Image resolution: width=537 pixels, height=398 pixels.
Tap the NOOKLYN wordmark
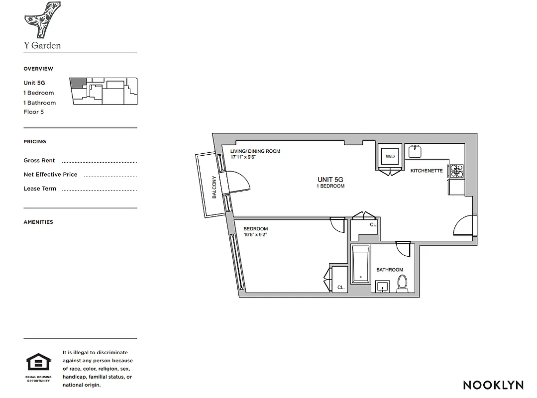(493, 385)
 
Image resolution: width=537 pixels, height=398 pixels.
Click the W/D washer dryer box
(390, 156)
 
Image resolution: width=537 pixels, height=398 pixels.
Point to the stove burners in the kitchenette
(456, 171)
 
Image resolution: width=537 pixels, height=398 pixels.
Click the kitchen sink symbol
(415, 150)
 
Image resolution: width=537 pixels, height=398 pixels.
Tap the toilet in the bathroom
(402, 283)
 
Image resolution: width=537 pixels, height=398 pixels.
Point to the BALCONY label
(215, 188)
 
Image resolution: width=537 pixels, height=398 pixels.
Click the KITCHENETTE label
(426, 171)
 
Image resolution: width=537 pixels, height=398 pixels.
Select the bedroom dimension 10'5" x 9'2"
(255, 235)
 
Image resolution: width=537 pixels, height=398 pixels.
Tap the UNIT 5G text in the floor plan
(330, 180)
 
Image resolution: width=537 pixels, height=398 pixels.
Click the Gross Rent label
(39, 161)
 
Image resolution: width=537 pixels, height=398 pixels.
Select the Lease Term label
(40, 189)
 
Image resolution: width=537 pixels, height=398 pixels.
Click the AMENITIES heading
(38, 222)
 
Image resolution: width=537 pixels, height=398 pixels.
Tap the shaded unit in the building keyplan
(77, 83)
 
